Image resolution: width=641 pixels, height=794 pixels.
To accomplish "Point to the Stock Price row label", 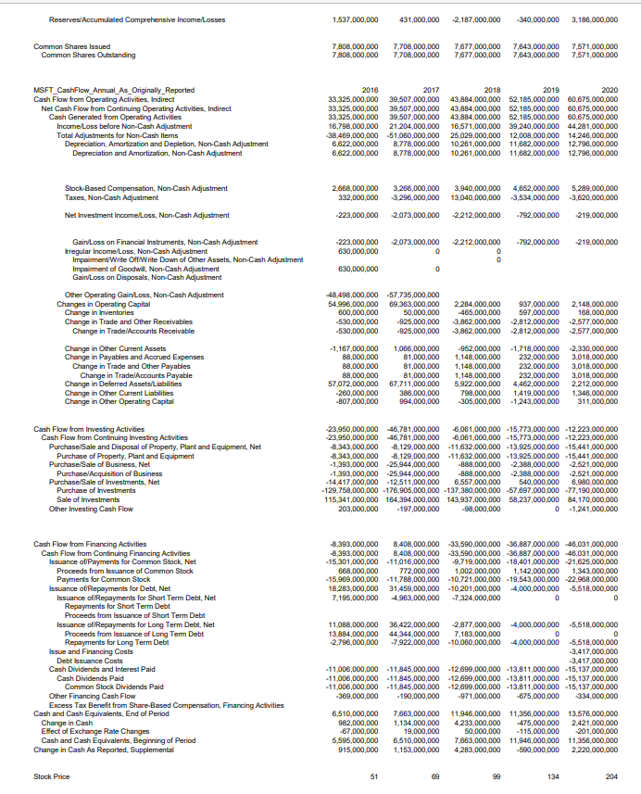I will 52,775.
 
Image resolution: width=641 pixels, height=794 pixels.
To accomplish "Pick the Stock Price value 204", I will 610,775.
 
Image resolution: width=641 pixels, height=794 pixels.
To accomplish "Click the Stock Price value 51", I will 373,775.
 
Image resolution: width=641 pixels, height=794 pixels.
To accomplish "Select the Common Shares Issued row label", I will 72,45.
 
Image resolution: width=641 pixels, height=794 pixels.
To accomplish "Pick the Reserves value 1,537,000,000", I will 355,19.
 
